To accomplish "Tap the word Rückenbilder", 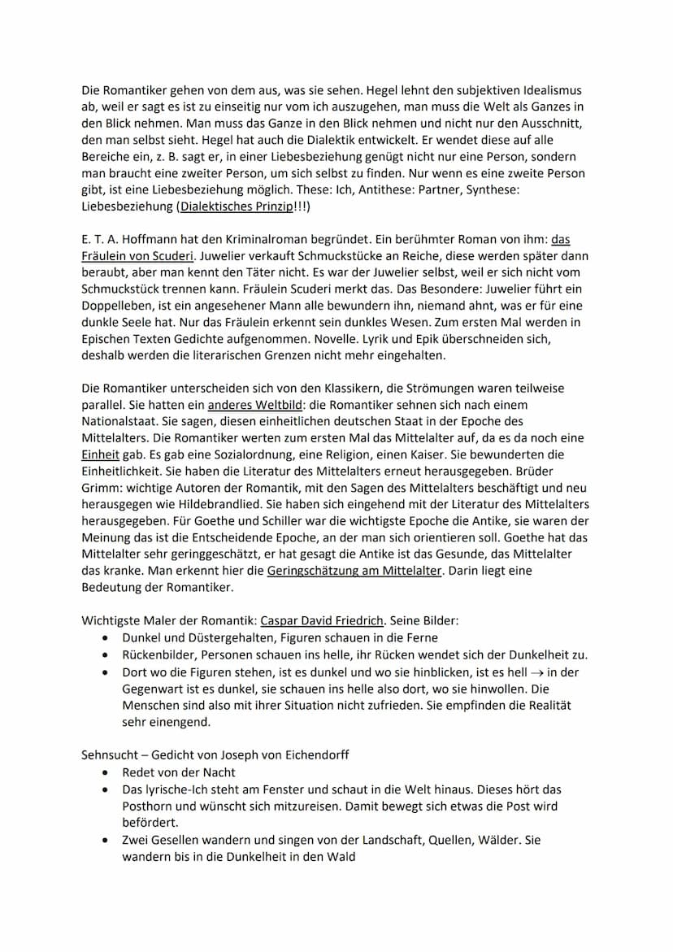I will tap(158, 654).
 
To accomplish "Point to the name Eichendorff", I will tap(313, 754).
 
